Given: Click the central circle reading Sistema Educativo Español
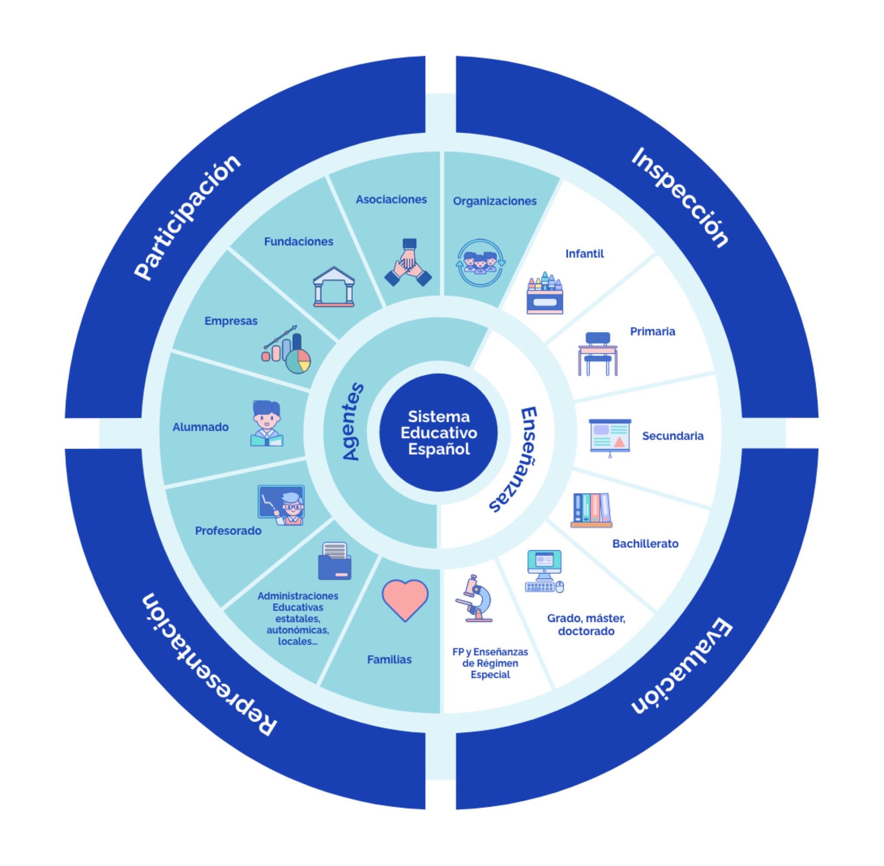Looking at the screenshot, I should tap(439, 433).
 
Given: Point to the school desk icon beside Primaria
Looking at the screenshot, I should tap(598, 354).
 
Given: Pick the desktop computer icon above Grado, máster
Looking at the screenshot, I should tap(544, 571).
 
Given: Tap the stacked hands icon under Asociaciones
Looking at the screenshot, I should tap(408, 264).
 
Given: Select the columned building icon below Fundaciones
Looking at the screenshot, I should tap(334, 286).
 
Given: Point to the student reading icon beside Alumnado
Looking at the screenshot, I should tap(267, 423).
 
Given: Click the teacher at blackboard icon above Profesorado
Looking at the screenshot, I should tap(282, 505).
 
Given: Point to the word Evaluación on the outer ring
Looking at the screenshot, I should tap(681, 667).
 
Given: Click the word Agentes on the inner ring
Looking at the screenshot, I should tap(352, 421).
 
